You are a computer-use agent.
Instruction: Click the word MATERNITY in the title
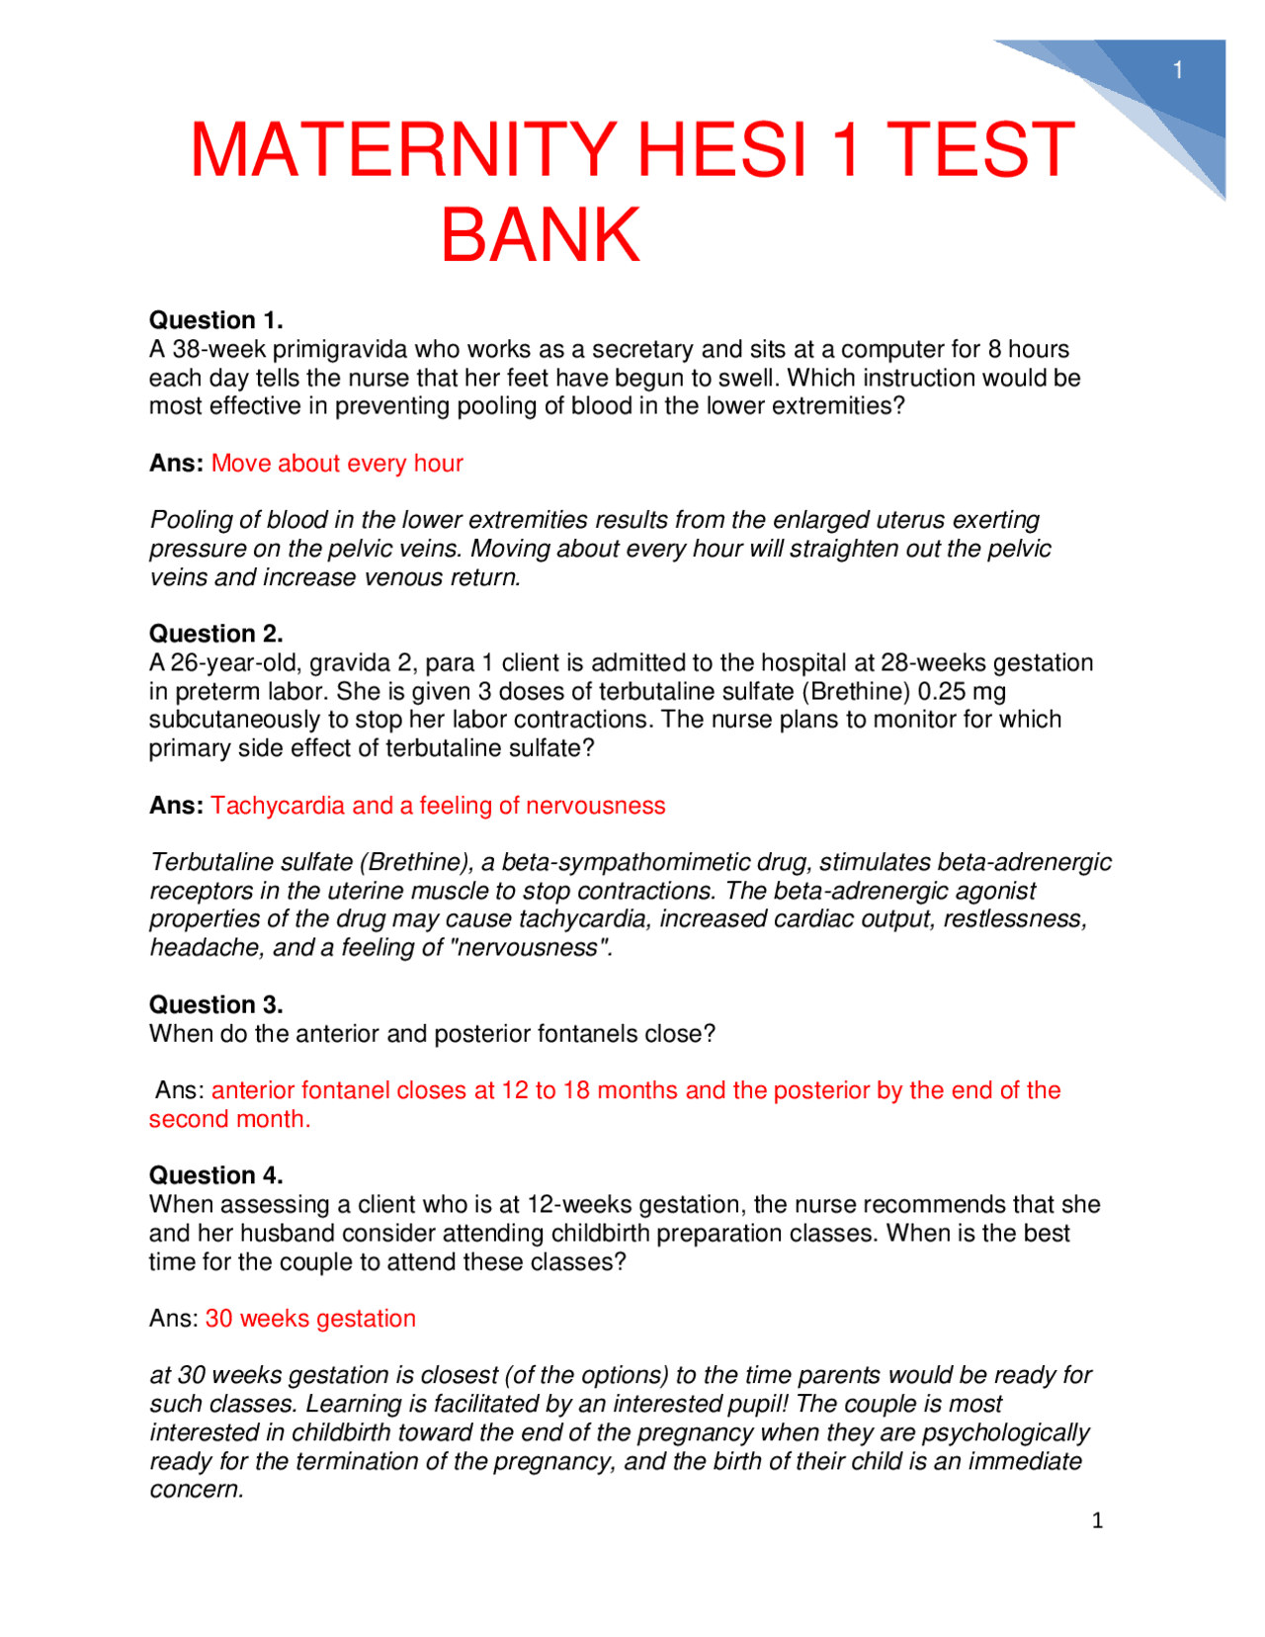(403, 150)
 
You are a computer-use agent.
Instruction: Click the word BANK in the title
(541, 235)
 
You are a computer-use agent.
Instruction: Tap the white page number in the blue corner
(1178, 70)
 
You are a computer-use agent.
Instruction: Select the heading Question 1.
(215, 320)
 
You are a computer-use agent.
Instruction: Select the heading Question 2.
(215, 634)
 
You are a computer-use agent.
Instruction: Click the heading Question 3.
(215, 1005)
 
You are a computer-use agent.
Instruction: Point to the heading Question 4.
(215, 1175)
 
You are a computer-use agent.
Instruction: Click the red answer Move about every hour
(337, 464)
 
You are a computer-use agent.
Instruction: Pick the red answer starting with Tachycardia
(438, 806)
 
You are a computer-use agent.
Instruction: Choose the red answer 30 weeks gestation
(310, 1319)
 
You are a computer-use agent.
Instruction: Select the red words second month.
(229, 1119)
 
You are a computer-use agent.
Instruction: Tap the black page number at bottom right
(1097, 1520)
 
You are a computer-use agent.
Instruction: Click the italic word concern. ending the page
(196, 1490)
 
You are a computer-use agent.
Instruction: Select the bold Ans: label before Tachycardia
(176, 806)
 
